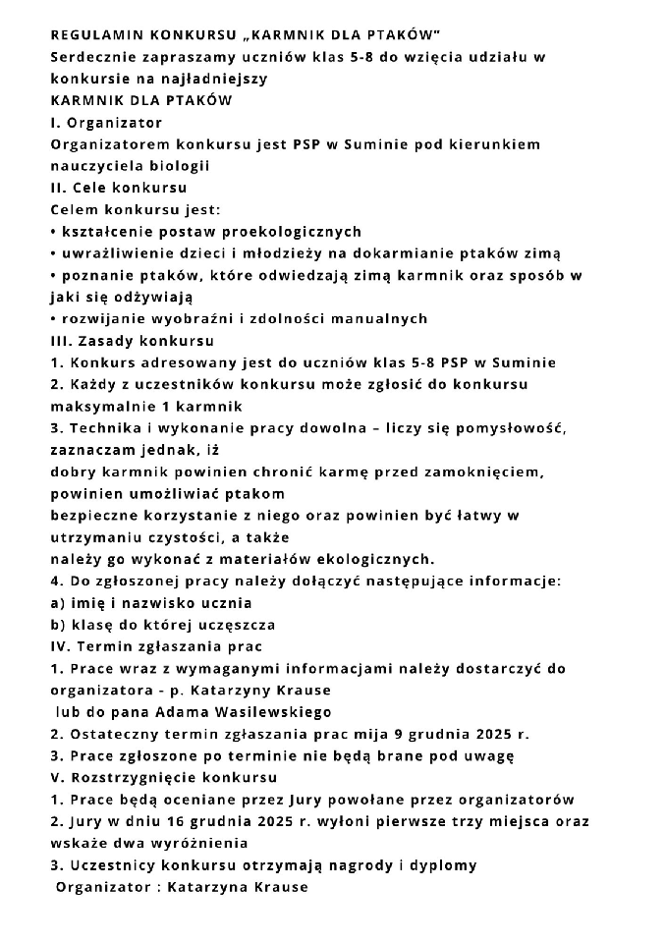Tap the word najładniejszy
[222, 79]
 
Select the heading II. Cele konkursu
[118, 188]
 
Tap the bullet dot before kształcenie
[53, 233]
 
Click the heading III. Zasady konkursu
[132, 341]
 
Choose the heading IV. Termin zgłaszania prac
[155, 646]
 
